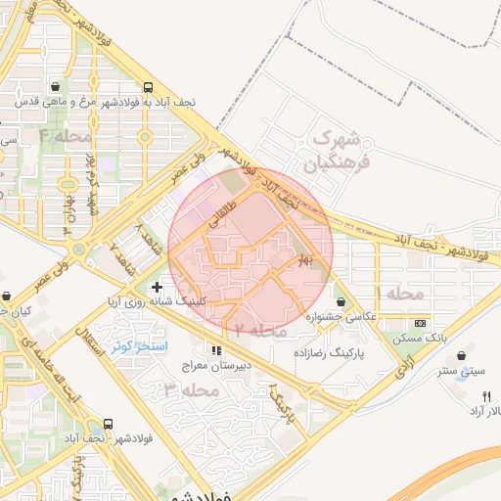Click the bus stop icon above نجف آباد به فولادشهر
(147, 86)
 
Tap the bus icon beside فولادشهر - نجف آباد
(108, 425)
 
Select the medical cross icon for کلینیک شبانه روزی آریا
(157, 288)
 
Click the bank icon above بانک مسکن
(421, 323)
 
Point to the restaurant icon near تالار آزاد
(486, 396)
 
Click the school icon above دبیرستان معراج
(215, 350)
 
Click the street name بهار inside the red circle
(305, 259)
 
